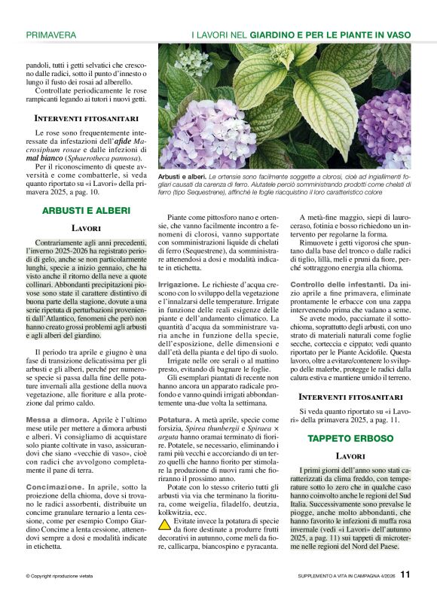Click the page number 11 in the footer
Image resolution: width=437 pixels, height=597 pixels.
pos(405,574)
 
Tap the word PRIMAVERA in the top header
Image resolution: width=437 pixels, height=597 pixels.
pos(50,35)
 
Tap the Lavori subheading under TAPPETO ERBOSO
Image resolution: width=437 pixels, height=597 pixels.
pos(350,456)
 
